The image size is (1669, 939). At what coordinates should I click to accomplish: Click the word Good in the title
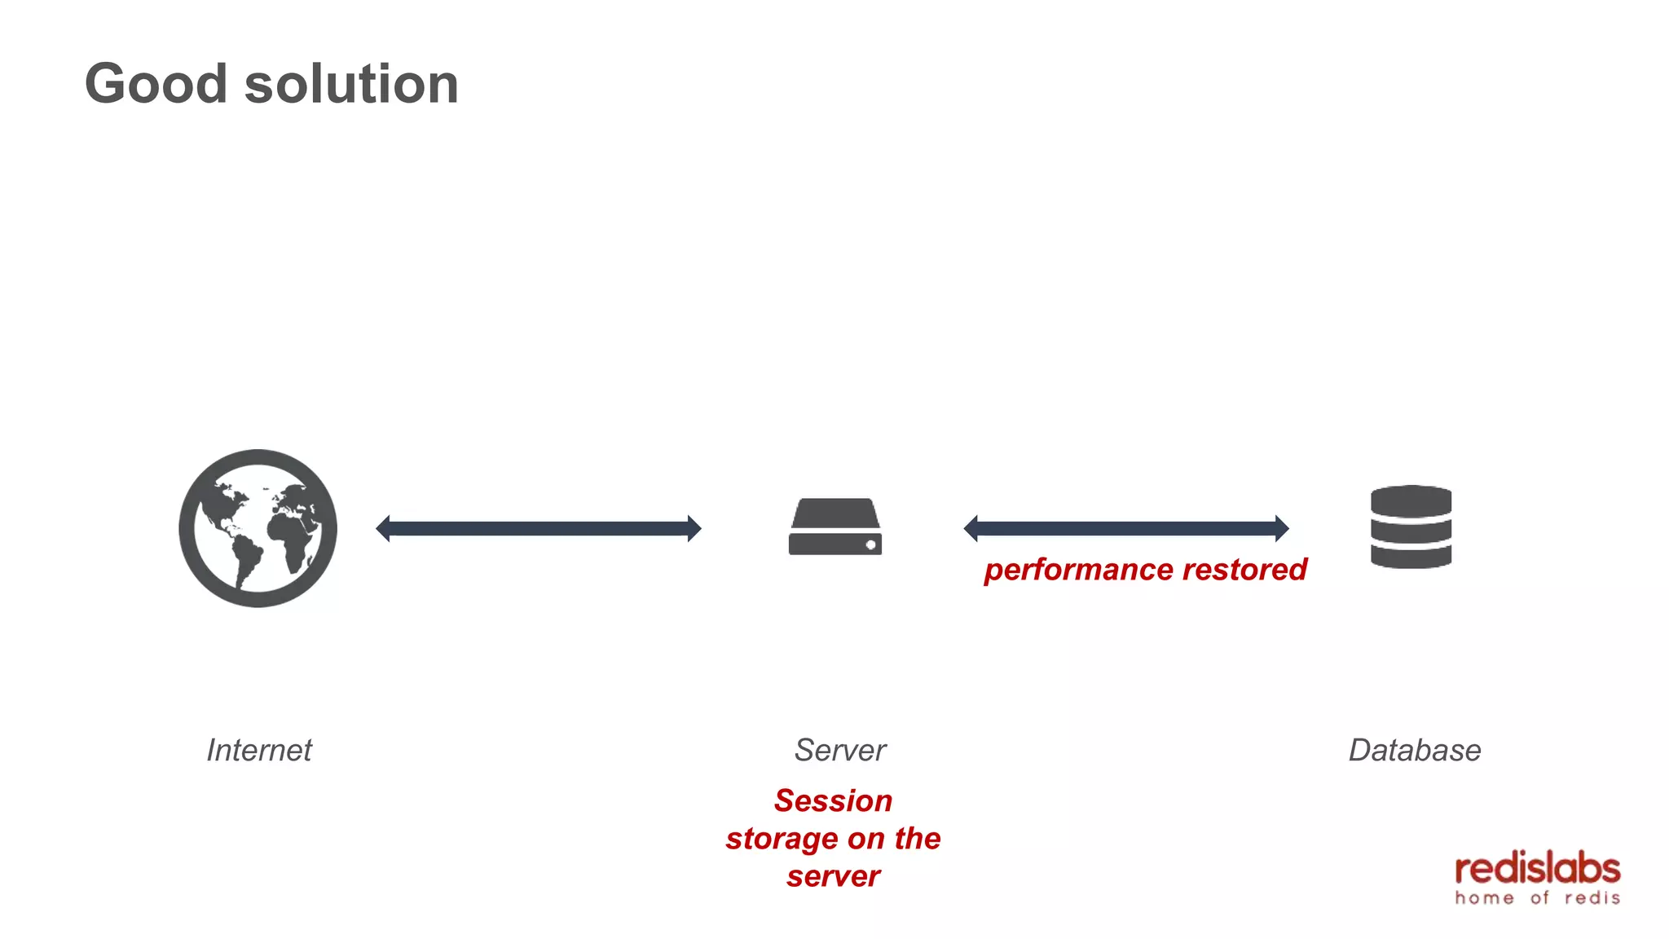[156, 84]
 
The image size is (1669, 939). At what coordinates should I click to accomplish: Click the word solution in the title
[351, 84]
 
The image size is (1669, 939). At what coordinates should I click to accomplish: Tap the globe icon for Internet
[258, 528]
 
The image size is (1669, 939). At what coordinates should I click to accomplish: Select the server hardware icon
[834, 527]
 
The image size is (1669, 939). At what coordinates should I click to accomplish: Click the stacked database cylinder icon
[1411, 527]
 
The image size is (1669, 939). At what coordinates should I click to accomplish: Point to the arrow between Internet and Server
[538, 528]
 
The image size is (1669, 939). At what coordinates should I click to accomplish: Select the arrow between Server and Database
[1125, 528]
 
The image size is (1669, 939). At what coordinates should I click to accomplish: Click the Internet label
[259, 750]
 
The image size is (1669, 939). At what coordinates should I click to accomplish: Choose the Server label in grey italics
[840, 750]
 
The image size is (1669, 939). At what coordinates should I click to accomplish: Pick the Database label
[1414, 750]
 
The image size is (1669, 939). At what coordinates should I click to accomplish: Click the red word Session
[833, 800]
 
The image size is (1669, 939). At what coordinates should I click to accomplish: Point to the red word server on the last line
[833, 876]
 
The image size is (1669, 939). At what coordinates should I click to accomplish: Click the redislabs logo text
[1537, 869]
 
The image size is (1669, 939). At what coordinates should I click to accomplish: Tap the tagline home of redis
[1537, 898]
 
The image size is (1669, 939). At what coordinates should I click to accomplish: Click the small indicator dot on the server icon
[870, 544]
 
